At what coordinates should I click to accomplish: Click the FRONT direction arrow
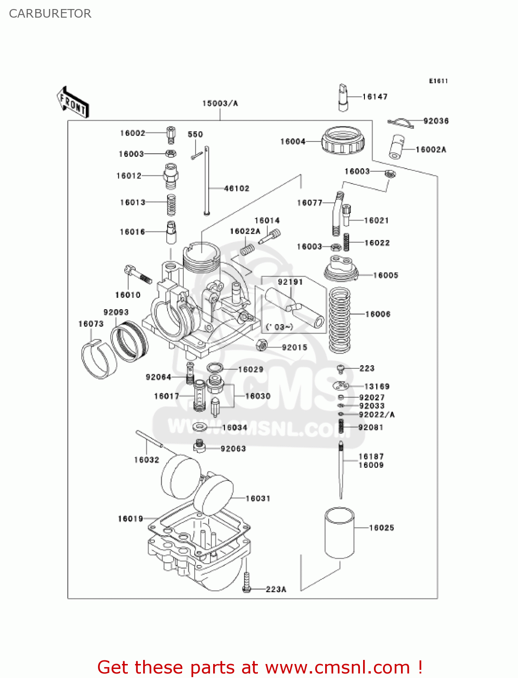tap(73, 103)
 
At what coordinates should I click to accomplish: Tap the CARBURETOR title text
tap(50, 14)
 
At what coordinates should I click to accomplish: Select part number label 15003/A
tap(220, 104)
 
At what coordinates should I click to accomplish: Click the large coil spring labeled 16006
tap(340, 320)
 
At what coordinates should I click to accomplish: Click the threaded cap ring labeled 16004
tap(343, 141)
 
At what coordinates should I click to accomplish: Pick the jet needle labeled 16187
tap(341, 470)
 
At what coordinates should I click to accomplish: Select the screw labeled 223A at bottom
tap(247, 583)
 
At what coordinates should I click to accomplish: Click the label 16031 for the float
tap(258, 499)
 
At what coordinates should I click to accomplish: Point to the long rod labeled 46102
tap(207, 181)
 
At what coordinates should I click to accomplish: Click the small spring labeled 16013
tap(171, 205)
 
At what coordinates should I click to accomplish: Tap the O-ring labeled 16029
tap(215, 368)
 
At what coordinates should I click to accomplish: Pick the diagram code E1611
tap(438, 81)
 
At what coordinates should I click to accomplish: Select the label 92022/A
tap(377, 414)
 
